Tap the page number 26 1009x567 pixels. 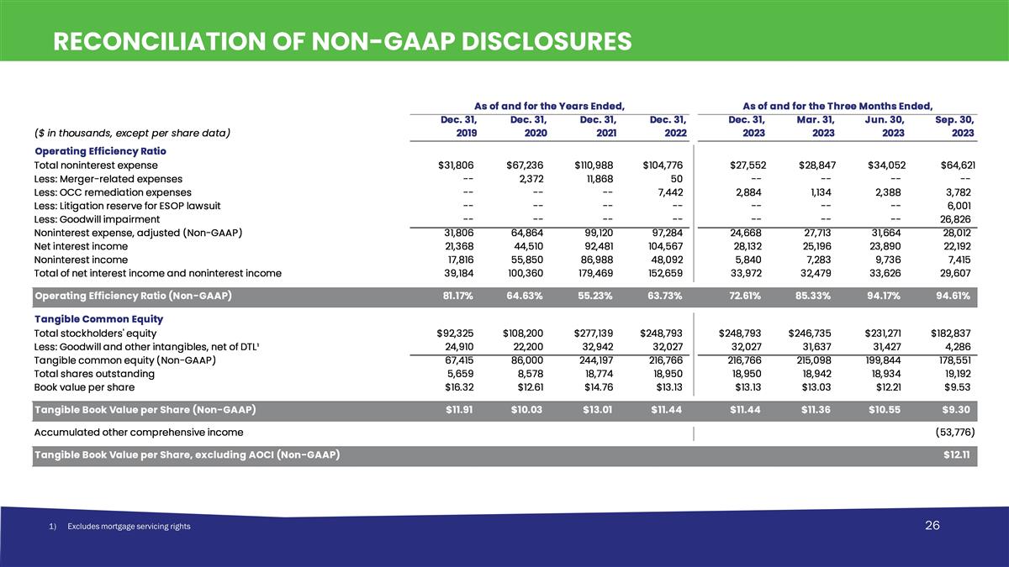[x=932, y=526]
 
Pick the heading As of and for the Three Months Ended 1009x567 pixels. [x=837, y=106]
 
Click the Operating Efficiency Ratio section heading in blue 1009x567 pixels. [x=101, y=150]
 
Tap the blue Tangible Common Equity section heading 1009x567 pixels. [x=99, y=319]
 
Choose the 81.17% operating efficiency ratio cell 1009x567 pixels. [x=460, y=296]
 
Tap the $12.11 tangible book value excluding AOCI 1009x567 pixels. [x=959, y=455]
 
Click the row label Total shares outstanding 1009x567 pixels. [x=94, y=374]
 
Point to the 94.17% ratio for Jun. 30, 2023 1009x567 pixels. [x=887, y=296]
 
